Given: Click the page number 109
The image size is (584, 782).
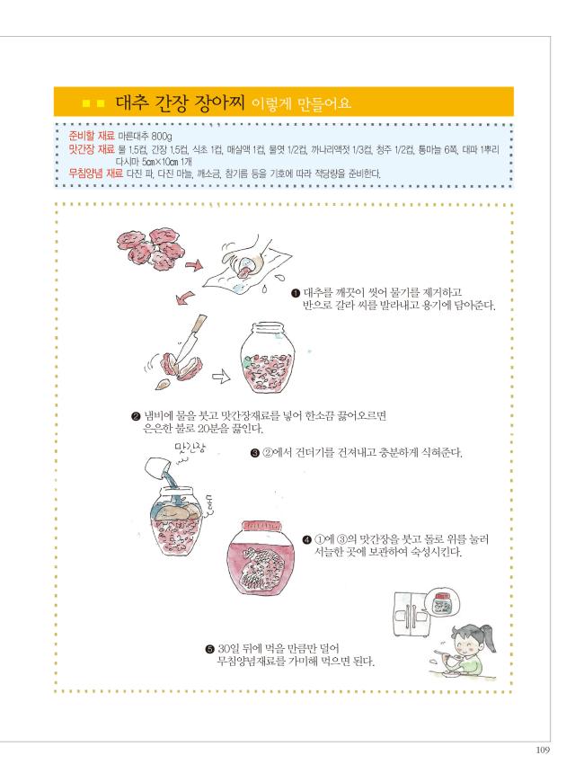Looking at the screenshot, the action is pos(543,750).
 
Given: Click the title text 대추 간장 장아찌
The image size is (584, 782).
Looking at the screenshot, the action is pos(180,102).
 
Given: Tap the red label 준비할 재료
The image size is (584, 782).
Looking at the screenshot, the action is pos(92,136).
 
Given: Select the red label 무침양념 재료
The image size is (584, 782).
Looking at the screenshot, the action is pos(96,173).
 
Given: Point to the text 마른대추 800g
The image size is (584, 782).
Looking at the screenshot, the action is pos(146,136).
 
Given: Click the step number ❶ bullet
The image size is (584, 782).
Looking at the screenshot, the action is pos(296,293).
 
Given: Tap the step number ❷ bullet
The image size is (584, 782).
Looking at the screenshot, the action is pos(136,416).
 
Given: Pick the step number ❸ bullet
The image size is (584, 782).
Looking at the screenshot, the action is pos(254,453).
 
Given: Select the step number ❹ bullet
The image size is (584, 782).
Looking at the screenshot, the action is pos(306,539).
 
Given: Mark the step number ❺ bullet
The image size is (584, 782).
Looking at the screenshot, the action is pos(210,649).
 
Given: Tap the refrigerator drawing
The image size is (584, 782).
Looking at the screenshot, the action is pos(411,614).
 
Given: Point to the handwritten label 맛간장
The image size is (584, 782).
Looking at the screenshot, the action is pos(190,448).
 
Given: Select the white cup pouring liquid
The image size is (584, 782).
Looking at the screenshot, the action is pos(157,467).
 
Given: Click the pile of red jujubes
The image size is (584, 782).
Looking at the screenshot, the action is pos(152,248).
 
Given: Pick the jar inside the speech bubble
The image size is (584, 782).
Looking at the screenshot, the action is pos(441,602).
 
